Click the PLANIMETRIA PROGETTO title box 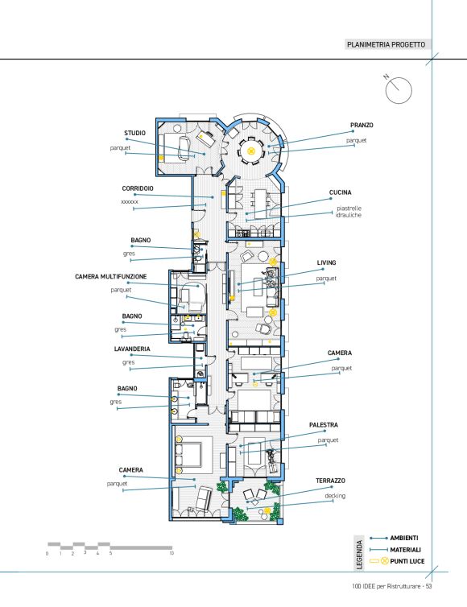click(387, 44)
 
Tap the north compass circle click(399, 91)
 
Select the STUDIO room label click(134, 133)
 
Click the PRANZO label click(362, 126)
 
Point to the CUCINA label click(341, 192)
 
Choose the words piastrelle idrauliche click(349, 212)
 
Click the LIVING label click(326, 262)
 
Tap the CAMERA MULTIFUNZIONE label click(111, 277)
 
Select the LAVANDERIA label click(132, 349)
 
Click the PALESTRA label click(324, 425)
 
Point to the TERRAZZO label click(330, 481)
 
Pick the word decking click(335, 496)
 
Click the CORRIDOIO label click(138, 188)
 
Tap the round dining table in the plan click(251, 151)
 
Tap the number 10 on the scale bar click(172, 554)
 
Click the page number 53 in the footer click(428, 586)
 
